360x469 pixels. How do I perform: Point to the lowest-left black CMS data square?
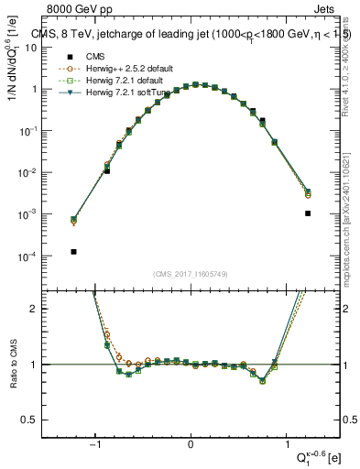click(73, 251)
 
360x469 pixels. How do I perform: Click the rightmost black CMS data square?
click(308, 213)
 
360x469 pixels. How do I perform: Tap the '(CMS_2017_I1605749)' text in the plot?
click(191, 274)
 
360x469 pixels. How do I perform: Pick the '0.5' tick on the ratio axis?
click(35, 420)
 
